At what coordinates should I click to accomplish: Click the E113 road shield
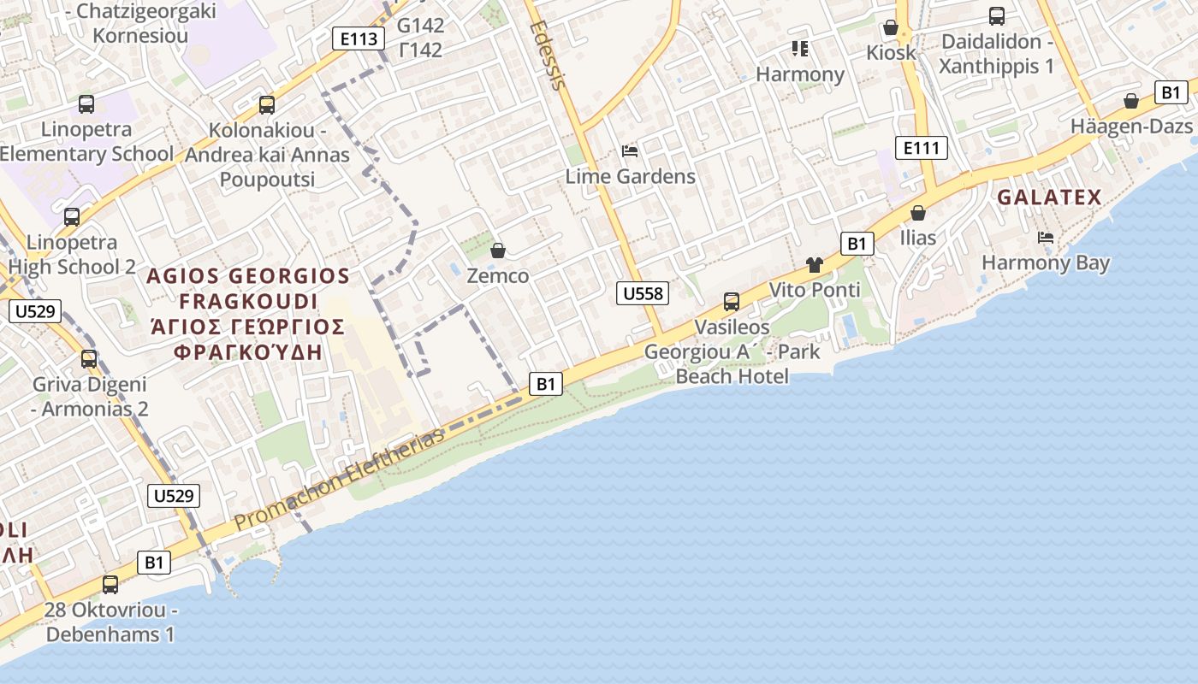point(358,38)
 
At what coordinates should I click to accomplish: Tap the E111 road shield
point(922,148)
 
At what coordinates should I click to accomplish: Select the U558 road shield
point(642,293)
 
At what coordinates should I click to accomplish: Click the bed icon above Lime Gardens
point(630,151)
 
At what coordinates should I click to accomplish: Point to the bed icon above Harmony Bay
point(1045,237)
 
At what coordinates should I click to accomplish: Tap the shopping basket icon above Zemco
point(497,251)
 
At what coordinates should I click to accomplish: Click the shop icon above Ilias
point(918,212)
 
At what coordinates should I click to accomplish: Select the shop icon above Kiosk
point(890,27)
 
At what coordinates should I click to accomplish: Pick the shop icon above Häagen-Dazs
point(1131,101)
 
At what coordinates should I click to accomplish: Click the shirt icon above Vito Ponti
point(814,265)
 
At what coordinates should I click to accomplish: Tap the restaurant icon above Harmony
point(800,49)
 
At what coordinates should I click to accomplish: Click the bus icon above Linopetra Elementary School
point(86,104)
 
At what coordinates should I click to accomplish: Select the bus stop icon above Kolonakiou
point(267,105)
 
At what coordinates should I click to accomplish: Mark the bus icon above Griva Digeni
point(89,359)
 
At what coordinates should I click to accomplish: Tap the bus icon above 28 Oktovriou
point(110,585)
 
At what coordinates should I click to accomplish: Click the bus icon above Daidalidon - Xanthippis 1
point(996,15)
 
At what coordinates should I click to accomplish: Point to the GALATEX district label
point(1049,198)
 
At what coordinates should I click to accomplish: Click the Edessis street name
point(548,55)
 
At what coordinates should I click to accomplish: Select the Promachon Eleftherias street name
point(340,480)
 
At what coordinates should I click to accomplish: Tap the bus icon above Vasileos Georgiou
point(731,301)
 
